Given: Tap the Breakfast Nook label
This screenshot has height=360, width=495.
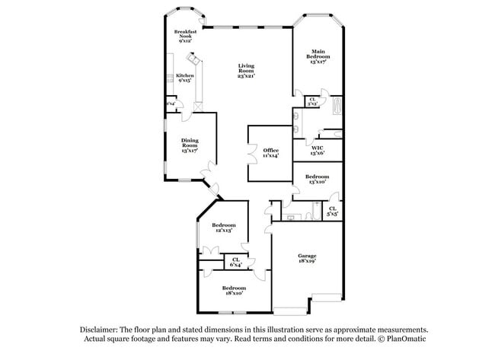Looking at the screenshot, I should point(185,35).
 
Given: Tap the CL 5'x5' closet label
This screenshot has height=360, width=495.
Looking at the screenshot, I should point(333,211).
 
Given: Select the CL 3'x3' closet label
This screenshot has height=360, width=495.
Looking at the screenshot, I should point(312,100).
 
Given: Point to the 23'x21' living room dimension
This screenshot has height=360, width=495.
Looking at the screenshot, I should point(245,76).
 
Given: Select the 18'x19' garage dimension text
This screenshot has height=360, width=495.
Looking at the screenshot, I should point(307,261).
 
